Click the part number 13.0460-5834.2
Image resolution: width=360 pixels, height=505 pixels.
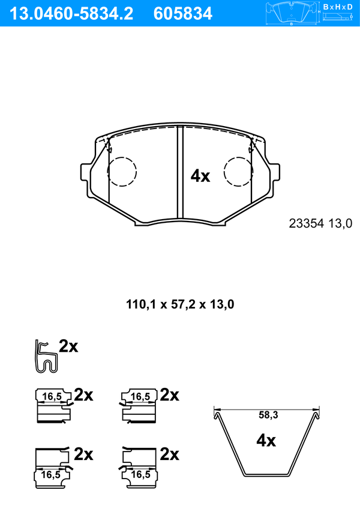tap(71, 14)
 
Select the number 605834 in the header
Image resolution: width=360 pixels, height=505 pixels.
tap(183, 14)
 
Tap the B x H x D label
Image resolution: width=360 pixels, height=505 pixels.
tap(337, 7)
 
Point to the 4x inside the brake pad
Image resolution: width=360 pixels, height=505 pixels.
tap(200, 176)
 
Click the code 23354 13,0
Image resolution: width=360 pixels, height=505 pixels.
tap(320, 223)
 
